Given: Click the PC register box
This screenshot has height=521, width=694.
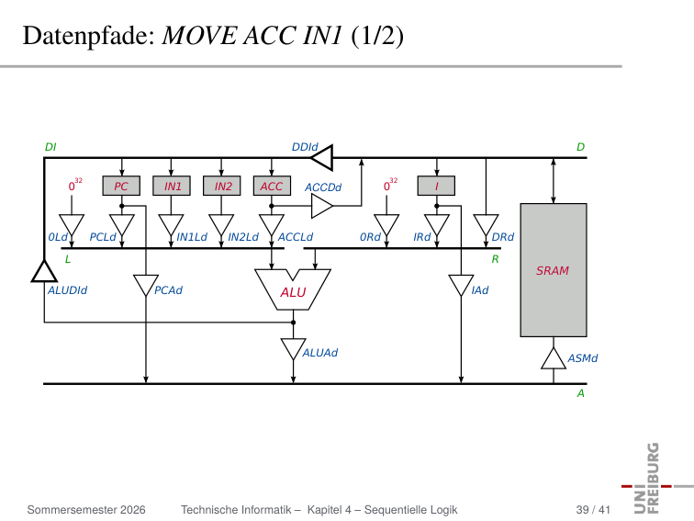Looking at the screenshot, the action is [121, 186].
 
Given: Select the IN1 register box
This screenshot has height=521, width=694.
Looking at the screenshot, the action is [172, 186].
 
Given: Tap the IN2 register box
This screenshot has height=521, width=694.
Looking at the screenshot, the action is [222, 186].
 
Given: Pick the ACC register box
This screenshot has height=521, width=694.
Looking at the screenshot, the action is [273, 186].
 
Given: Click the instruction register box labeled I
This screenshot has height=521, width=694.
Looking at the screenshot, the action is [436, 186].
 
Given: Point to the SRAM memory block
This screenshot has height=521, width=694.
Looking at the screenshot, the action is [554, 270].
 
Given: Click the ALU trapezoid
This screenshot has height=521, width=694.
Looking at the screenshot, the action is [293, 289].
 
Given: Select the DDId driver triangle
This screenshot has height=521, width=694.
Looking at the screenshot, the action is [322, 157].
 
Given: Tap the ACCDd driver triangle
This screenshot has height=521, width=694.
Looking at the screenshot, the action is [322, 206].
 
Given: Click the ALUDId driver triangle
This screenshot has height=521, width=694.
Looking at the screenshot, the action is [44, 271].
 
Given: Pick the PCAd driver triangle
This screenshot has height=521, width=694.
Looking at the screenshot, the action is [146, 285].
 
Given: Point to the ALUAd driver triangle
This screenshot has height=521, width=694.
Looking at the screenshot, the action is [293, 349].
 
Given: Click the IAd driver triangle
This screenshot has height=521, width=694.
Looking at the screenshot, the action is [461, 285].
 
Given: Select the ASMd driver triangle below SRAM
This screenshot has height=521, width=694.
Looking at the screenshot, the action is [554, 359].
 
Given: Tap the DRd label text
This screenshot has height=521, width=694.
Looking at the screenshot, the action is [503, 237].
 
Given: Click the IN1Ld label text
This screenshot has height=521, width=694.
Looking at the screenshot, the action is [192, 237].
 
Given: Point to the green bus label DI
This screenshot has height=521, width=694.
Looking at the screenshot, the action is [50, 147].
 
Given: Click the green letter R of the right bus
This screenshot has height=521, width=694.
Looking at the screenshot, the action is [496, 259].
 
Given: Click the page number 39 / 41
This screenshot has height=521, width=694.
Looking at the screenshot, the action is [593, 510].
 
